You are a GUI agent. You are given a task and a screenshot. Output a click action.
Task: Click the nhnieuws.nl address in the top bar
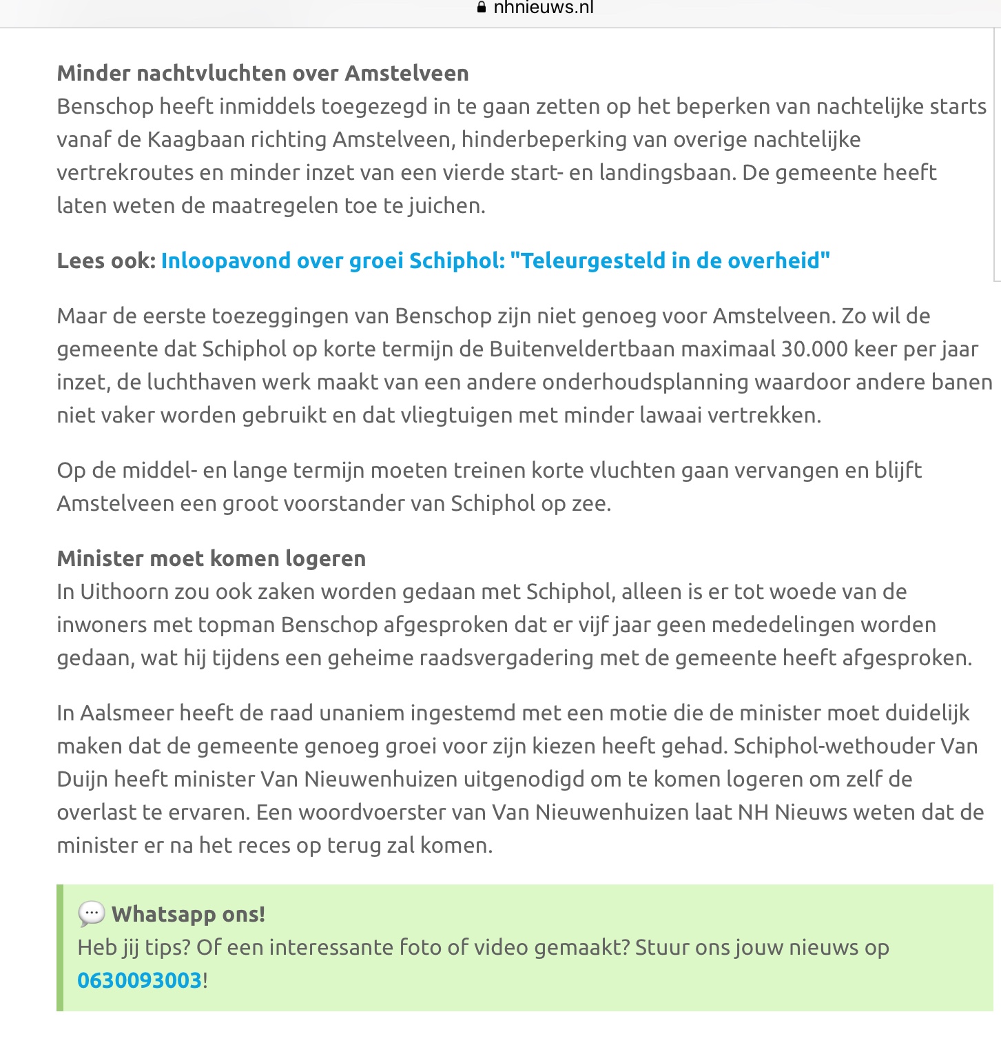coord(544,8)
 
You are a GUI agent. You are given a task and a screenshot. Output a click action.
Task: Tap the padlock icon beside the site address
coord(482,8)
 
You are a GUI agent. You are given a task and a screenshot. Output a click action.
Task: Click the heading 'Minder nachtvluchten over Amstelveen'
coord(262,73)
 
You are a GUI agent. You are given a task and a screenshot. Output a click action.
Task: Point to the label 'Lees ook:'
coord(106,261)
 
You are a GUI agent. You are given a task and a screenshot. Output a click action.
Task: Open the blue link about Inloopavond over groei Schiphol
coord(495,261)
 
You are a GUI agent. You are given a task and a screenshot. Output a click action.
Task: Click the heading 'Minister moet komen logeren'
coord(211,558)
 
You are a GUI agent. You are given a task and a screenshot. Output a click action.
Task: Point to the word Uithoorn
coord(122,591)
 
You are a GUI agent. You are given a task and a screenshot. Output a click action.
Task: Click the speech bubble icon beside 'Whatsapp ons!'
coord(91,914)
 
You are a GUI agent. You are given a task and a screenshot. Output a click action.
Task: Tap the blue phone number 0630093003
coord(140,980)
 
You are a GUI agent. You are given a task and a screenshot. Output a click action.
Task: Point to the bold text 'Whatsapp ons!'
coord(188,914)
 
